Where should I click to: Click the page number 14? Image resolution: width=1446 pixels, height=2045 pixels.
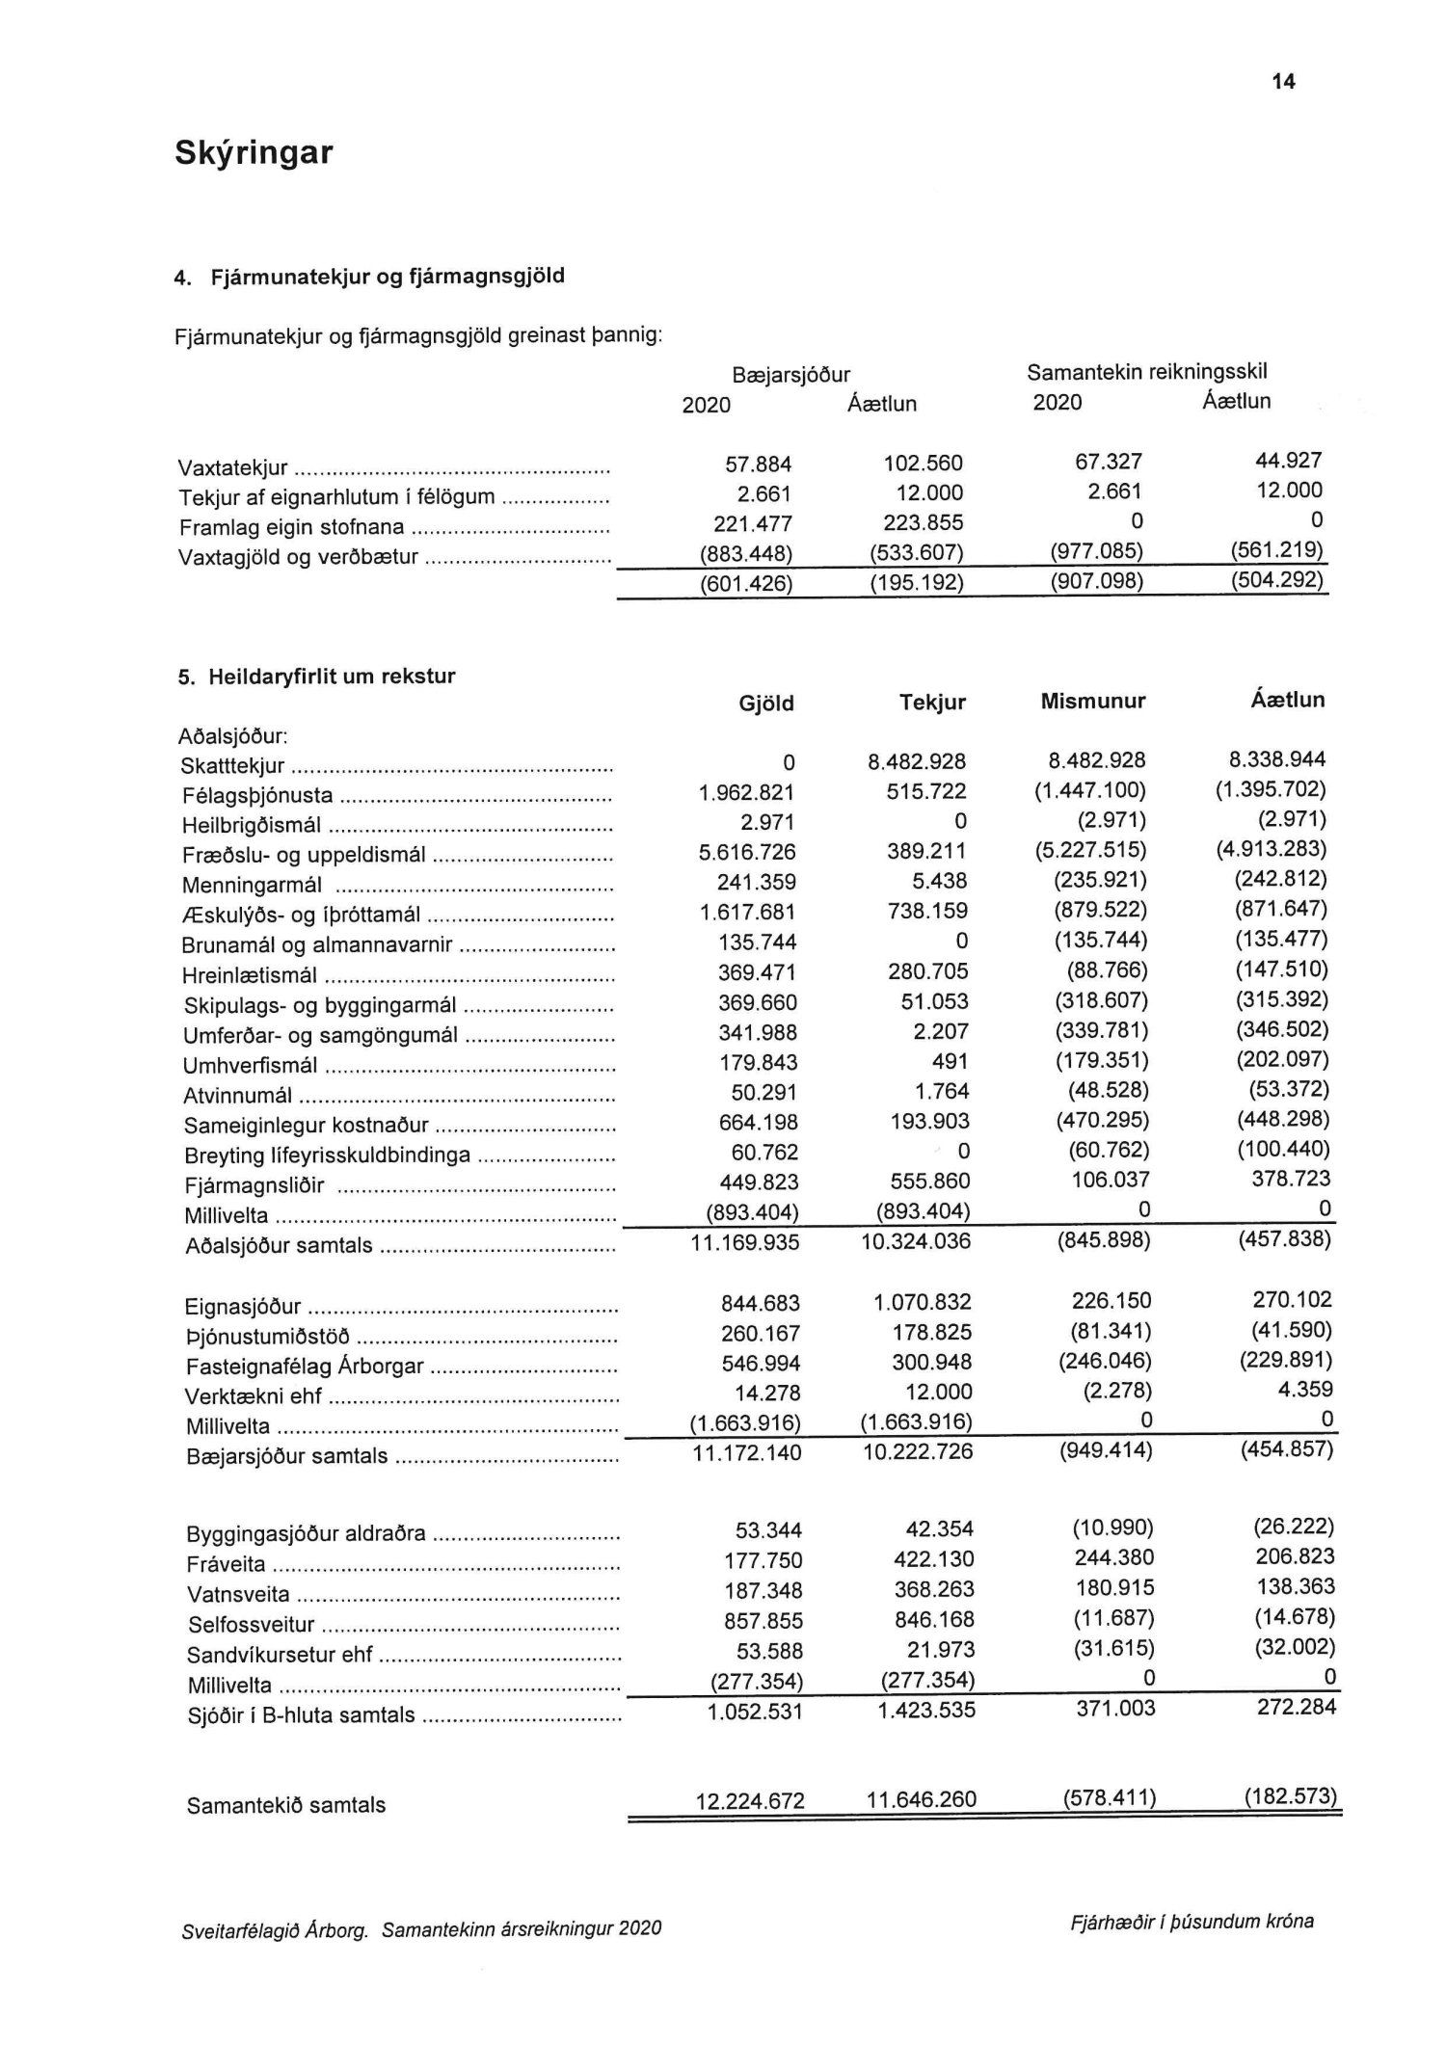coord(1283,82)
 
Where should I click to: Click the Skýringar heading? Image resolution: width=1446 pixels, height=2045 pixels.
coord(254,153)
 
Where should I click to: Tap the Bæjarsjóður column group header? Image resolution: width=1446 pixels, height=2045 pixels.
coord(790,375)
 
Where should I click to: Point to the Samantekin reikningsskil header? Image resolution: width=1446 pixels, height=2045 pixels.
coord(1146,372)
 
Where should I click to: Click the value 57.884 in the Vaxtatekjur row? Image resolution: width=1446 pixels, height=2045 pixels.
coord(758,465)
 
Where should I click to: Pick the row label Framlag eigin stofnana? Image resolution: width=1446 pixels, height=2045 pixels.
coord(291,528)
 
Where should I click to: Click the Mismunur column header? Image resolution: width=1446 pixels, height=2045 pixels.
coord(1092,702)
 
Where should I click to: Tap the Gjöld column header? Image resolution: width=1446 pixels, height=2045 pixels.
coord(765,704)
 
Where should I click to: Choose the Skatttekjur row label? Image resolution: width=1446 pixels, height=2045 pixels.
coord(232,767)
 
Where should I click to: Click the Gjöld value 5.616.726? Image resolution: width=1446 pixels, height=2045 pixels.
coord(748,853)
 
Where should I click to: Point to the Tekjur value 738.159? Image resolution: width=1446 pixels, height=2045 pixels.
coord(927,912)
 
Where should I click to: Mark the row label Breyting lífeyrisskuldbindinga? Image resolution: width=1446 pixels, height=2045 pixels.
coord(327,1155)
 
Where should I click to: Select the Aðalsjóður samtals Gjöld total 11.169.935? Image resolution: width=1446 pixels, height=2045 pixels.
coord(745,1243)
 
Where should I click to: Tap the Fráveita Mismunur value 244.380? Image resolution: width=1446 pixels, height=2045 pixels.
coord(1113,1557)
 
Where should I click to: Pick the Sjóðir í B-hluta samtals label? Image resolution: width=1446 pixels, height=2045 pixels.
coord(301,1715)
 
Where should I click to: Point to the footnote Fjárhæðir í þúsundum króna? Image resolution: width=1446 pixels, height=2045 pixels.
coord(1191,1922)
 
